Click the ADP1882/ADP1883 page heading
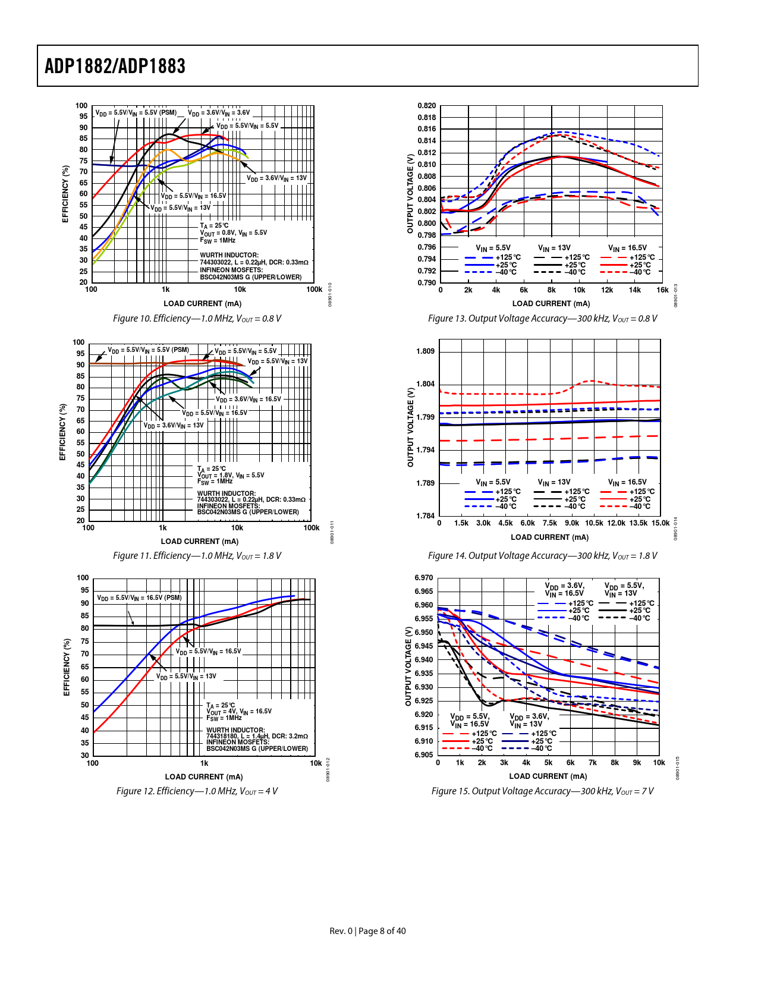click(x=115, y=66)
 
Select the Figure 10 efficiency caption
click(x=197, y=319)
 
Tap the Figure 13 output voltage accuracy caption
click(x=542, y=319)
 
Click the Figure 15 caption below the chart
click(x=542, y=791)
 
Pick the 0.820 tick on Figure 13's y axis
click(x=426, y=106)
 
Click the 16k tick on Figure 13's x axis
click(x=662, y=290)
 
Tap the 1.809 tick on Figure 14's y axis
click(x=426, y=351)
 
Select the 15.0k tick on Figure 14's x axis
click(x=661, y=523)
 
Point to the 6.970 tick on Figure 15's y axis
click(x=424, y=578)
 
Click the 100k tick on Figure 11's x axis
click(x=312, y=528)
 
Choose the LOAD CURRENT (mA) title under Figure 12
click(x=204, y=777)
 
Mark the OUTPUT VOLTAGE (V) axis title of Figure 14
click(x=410, y=427)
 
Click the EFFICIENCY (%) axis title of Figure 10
click(x=65, y=194)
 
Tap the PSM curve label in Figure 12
click(x=139, y=598)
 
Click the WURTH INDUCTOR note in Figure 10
click(x=229, y=255)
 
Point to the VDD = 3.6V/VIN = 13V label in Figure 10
click(x=277, y=178)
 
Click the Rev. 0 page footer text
click(x=367, y=931)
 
